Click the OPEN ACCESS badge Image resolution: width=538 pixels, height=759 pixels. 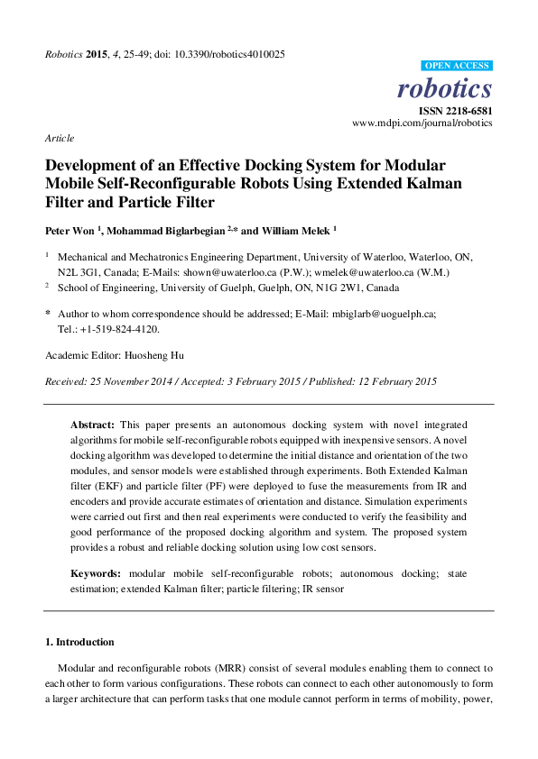click(457, 66)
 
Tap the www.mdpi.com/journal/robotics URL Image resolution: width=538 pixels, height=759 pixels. click(422, 123)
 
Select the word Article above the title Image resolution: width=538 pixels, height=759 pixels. click(59, 138)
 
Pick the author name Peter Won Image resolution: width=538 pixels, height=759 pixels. click(71, 230)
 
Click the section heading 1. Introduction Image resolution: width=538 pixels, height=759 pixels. click(79, 643)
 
